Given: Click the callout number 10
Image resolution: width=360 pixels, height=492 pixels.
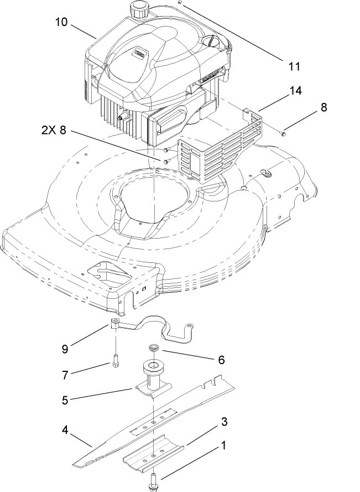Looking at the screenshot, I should (61, 22).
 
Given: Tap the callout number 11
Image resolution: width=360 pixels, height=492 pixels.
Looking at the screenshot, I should (294, 66).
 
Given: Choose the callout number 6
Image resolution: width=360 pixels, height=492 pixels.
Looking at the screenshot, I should (221, 359).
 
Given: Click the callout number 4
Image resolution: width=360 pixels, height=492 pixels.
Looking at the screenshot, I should (65, 429).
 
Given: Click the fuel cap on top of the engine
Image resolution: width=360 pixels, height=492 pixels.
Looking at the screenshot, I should (137, 9).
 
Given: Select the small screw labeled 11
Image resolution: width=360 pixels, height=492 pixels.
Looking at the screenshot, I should (180, 3).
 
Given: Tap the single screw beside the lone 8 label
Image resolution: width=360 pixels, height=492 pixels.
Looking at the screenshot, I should (283, 133).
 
